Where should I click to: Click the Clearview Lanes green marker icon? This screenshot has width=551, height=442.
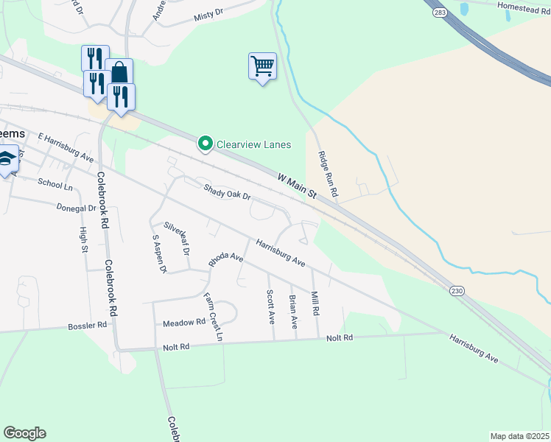206,144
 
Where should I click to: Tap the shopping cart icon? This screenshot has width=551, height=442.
262,66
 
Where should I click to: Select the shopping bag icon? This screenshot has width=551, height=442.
119,72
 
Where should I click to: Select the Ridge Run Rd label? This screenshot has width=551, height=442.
327,175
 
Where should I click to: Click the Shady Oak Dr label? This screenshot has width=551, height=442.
228,192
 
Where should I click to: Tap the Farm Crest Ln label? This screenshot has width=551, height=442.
214,317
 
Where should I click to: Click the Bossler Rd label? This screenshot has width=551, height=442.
88,326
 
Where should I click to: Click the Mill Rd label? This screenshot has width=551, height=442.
315,303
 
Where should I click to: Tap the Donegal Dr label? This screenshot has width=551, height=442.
77,208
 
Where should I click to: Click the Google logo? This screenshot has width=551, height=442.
24,433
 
